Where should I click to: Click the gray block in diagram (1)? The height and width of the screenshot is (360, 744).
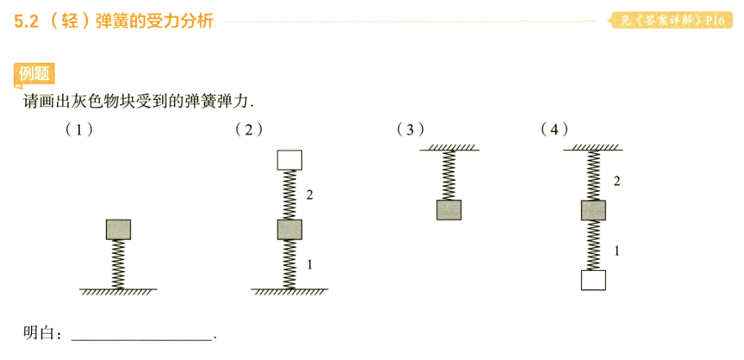coord(119,230)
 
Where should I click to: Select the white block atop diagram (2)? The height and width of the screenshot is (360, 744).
coord(289,160)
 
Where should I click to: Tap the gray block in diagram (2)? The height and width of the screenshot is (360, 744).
coord(289,230)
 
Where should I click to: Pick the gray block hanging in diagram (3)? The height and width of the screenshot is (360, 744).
coord(449,210)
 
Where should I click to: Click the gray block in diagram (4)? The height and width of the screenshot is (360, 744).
coord(594,210)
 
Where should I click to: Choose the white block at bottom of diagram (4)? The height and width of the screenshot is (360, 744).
coord(594,280)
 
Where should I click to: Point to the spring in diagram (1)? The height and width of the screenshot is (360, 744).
coord(119,264)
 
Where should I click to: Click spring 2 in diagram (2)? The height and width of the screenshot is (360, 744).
coord(289,195)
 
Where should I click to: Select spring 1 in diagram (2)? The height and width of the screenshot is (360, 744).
coord(289,264)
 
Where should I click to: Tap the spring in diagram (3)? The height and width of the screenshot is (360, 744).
coord(449,175)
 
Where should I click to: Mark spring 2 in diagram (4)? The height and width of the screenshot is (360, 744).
coord(594,175)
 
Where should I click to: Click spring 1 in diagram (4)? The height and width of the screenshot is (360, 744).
coord(594,245)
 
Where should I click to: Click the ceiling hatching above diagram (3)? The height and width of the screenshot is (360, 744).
coord(449,146)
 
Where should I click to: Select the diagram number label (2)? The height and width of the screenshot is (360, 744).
coord(249,130)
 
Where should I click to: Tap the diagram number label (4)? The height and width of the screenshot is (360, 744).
coord(555,130)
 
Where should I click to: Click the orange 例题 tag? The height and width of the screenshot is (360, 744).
coord(34,75)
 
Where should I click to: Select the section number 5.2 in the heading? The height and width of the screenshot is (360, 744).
coord(27,22)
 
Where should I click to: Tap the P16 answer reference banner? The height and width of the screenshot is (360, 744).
coord(672,21)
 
